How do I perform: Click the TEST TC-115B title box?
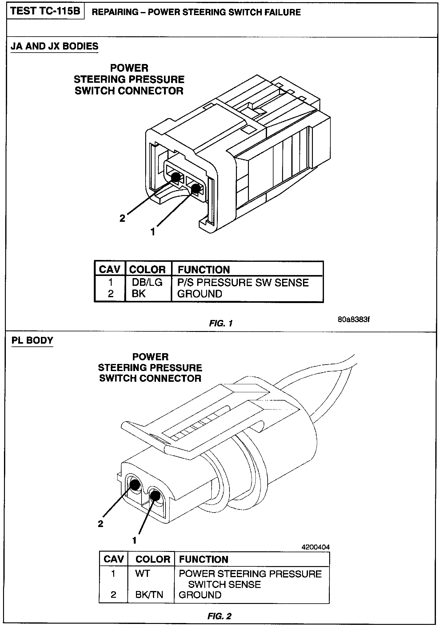pos(46,11)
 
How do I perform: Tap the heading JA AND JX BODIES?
pos(54,46)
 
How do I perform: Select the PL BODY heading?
pos(32,340)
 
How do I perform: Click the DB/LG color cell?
pos(147,282)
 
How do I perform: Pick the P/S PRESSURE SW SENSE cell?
pos(243,282)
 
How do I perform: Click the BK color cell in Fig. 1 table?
pos(138,294)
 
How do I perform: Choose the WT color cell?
pos(142,573)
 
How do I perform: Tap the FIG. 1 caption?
pos(221,323)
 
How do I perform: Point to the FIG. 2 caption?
pos(219,616)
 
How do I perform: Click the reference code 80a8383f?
pos(353,319)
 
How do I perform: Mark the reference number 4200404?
pos(316,547)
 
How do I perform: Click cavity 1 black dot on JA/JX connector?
pos(195,188)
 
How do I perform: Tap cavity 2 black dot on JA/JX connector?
pos(176,177)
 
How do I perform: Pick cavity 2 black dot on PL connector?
pos(135,485)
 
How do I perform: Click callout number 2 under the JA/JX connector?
pos(122,218)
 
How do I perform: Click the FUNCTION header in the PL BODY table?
pos(204,559)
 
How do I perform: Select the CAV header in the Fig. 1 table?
pos(110,270)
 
